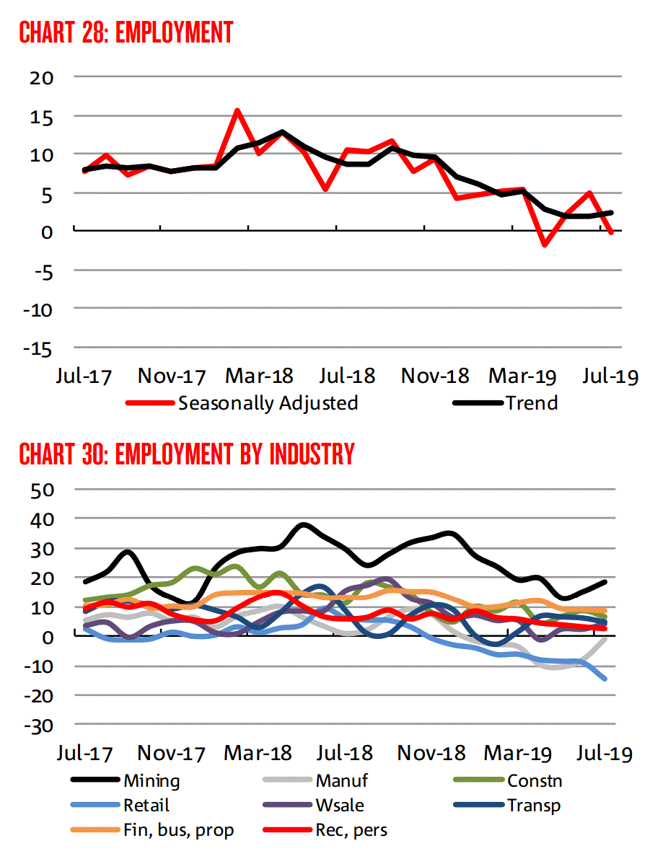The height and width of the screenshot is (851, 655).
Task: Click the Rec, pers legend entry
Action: click(x=351, y=830)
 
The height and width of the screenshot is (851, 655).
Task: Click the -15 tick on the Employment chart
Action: click(x=38, y=348)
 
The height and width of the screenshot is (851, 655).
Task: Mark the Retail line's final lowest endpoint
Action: click(x=605, y=679)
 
